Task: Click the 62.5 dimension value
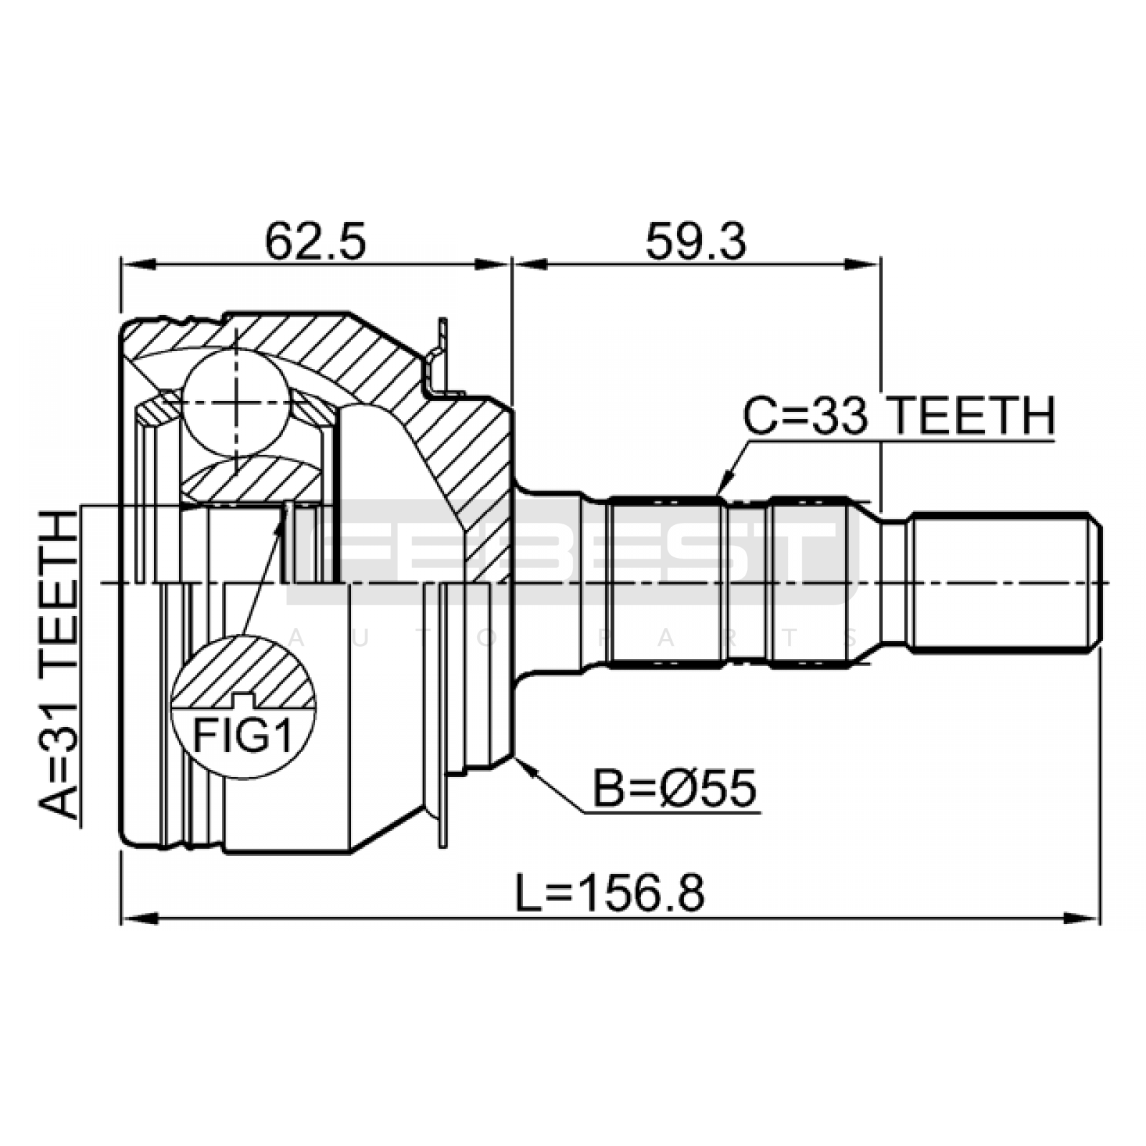coord(315,241)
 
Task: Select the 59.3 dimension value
coord(695,241)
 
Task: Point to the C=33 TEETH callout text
coord(899,416)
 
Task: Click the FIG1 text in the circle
coord(244,736)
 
